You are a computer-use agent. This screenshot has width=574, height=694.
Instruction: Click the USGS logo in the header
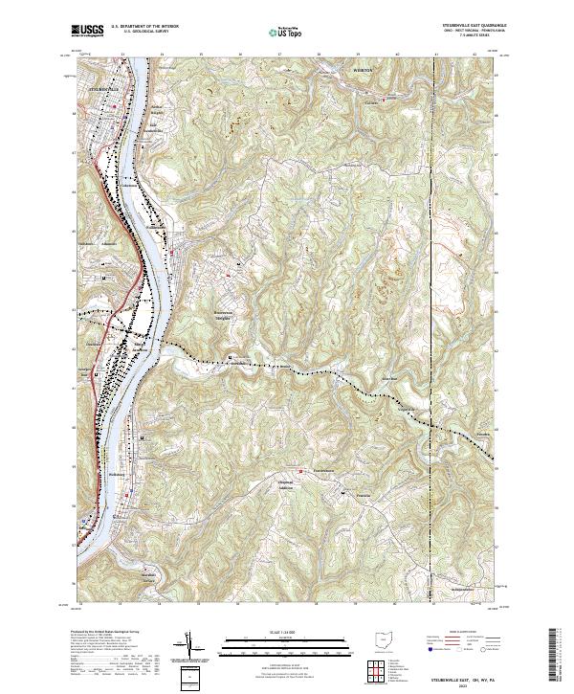tap(88, 31)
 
